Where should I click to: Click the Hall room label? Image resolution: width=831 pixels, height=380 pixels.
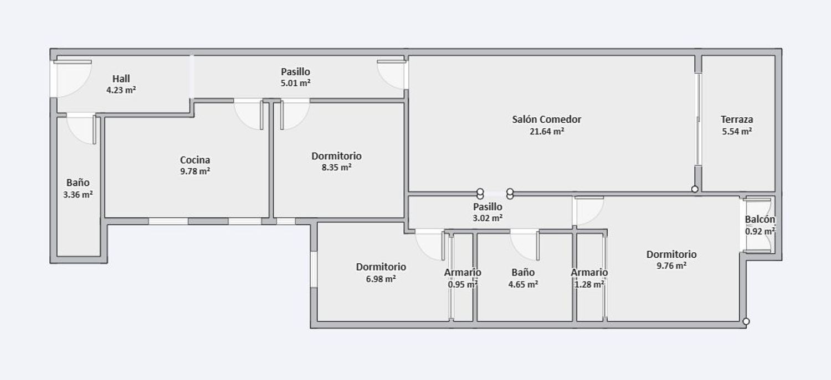(121, 79)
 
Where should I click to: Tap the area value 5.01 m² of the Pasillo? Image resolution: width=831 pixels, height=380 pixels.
(295, 84)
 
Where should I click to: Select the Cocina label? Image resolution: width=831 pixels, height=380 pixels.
(195, 160)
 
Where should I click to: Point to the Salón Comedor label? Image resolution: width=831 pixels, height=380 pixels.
(546, 119)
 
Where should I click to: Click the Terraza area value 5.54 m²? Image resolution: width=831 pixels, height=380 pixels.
(736, 132)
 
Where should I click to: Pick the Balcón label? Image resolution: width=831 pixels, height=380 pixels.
(760, 220)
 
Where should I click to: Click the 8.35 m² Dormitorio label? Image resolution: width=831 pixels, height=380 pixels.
(336, 156)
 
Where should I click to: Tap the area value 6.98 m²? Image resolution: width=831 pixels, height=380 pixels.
(381, 279)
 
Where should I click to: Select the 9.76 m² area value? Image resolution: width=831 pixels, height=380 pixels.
(671, 266)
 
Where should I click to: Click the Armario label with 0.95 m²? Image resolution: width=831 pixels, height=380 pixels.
(463, 272)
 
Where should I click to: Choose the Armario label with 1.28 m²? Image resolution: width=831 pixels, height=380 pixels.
(589, 272)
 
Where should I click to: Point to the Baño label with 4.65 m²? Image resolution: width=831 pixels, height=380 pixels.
(523, 272)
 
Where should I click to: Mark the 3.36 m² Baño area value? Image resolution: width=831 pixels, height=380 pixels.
(78, 195)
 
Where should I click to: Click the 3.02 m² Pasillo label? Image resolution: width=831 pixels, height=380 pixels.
(488, 206)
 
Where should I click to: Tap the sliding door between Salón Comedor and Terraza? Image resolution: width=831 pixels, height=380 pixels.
(698, 119)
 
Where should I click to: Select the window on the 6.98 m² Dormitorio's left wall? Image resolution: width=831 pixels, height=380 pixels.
(314, 269)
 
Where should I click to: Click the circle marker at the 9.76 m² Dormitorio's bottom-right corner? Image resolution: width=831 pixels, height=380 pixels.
(746, 321)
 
